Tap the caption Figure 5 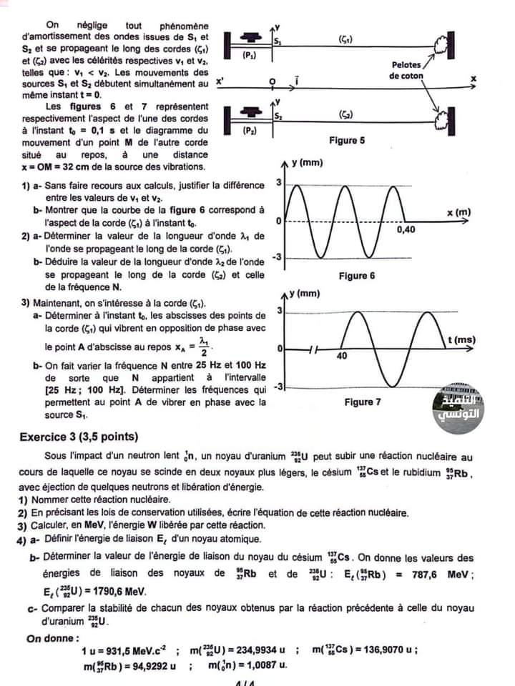pos(347,141)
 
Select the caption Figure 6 pos(357,276)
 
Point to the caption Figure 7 pos(363,402)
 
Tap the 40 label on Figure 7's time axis pos(341,355)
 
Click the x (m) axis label pos(458,212)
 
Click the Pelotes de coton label pos(406,70)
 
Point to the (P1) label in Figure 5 pos(249,54)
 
